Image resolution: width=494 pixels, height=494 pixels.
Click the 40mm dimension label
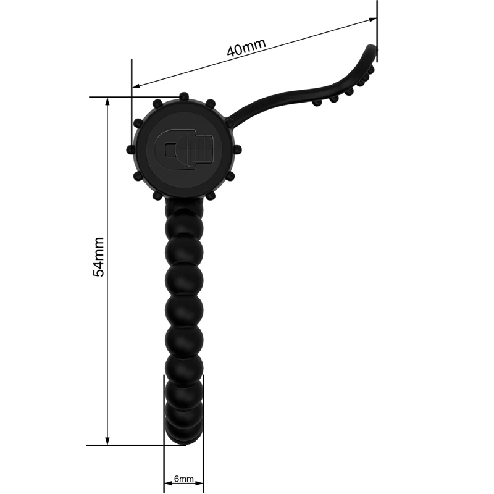coord(246,48)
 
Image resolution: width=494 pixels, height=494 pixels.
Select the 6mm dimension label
coord(184,479)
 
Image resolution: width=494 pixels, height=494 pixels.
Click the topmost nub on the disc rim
coord(183,96)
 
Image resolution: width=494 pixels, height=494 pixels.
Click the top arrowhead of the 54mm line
coord(107,102)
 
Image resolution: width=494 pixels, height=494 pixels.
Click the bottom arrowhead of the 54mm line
coord(107,440)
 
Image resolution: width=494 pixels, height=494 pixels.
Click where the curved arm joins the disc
coord(232,120)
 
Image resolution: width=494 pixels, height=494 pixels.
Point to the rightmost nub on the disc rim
coord(238,150)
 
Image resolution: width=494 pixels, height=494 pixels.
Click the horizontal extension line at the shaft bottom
coord(136,445)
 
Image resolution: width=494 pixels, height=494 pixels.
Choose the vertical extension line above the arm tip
coord(377,31)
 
